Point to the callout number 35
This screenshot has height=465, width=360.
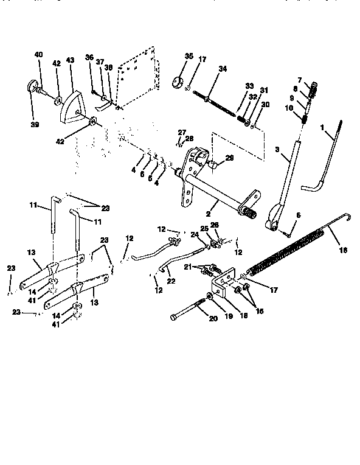click(x=189, y=56)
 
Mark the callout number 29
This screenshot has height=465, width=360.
click(x=212, y=158)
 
